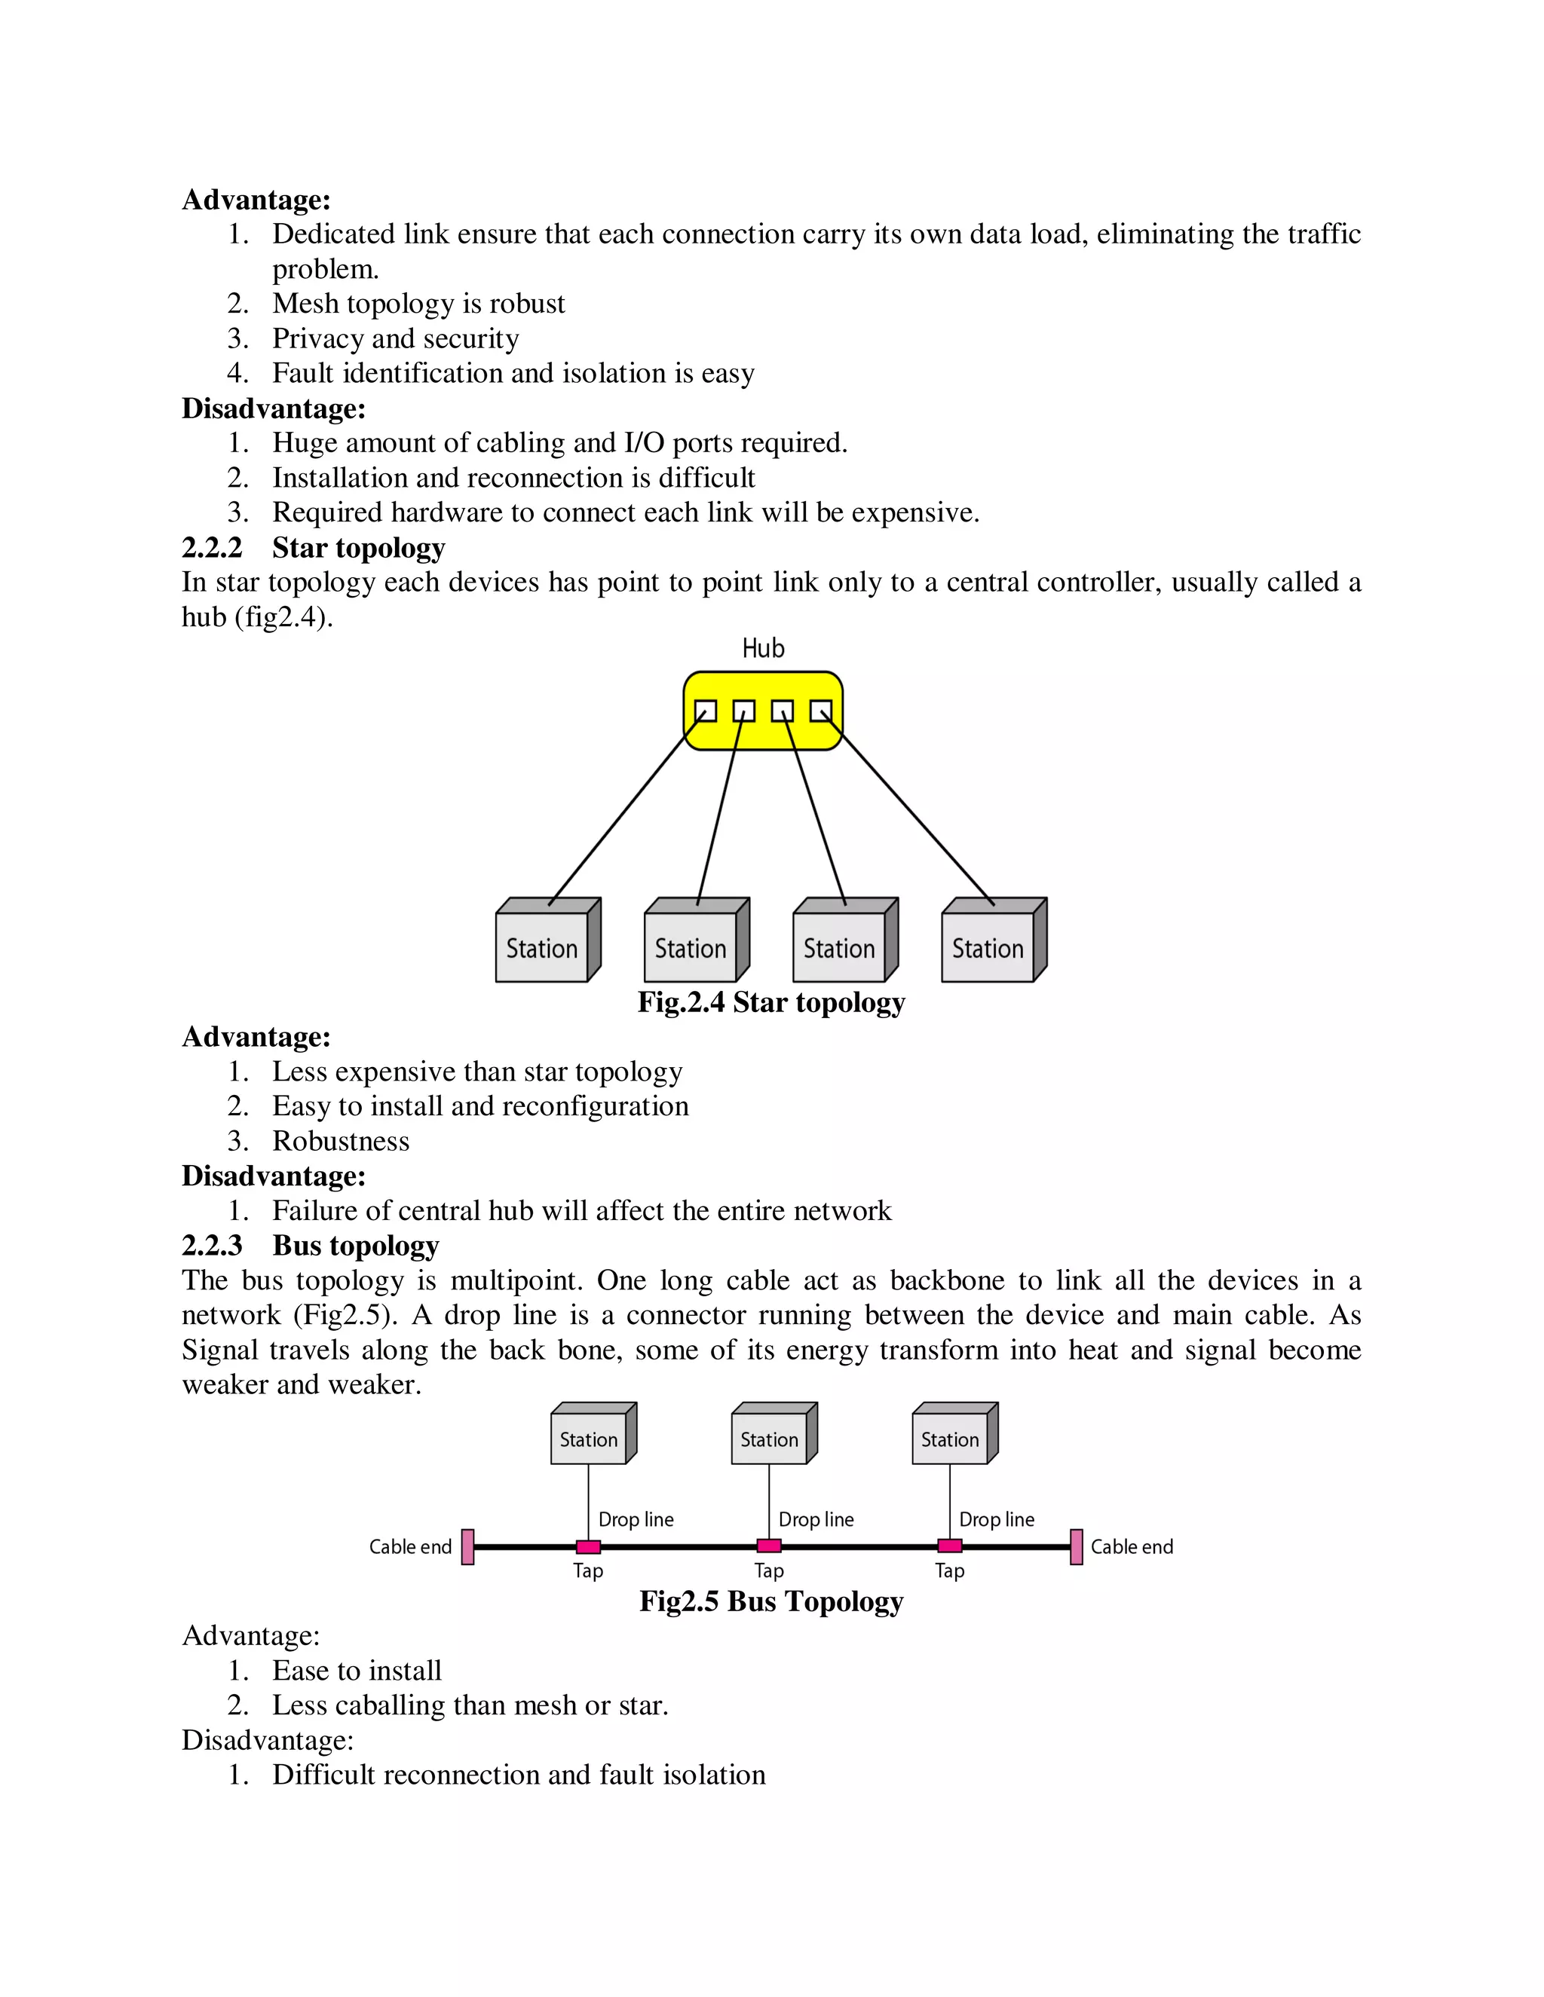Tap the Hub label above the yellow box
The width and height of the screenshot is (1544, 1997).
pos(763,648)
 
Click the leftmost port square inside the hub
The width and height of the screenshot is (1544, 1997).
pos(705,711)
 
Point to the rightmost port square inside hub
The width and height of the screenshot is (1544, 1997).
pos(820,711)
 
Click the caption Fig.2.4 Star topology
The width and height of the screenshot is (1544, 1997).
pos(771,1002)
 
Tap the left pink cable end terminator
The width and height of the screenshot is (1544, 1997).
pos(467,1547)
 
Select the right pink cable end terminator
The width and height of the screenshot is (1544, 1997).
pos(1077,1547)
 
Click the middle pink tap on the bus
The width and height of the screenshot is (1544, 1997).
pos(769,1546)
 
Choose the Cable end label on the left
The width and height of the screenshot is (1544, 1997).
pos(410,1547)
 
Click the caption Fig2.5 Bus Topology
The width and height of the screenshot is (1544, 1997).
pos(771,1601)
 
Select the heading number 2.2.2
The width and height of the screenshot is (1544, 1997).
pos(212,548)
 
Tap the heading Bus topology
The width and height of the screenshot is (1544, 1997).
pos(356,1246)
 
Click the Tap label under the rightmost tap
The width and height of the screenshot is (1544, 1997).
pos(949,1571)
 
